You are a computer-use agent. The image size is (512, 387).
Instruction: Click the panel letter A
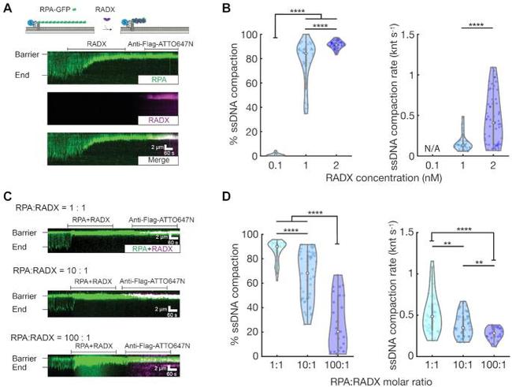click(x=7, y=9)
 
